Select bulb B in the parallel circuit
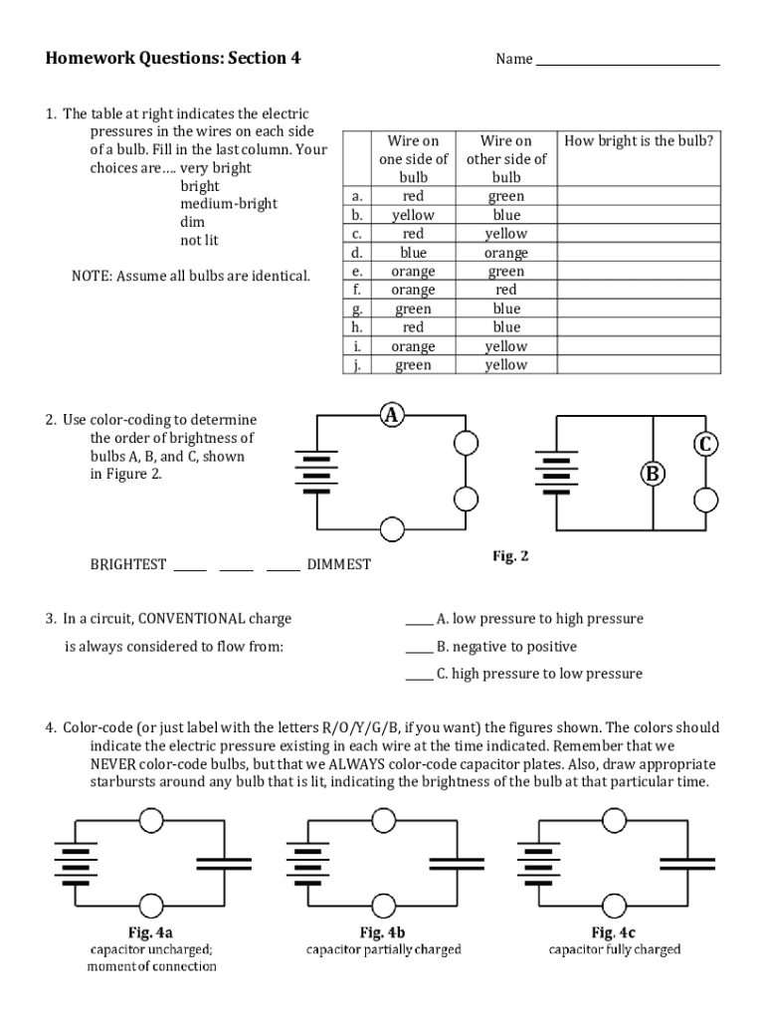point(653,474)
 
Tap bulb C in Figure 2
point(705,445)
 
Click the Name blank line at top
point(627,60)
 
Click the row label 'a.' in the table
point(356,196)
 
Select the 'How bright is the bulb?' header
point(639,141)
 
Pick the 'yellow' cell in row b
point(413,215)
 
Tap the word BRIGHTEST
point(128,564)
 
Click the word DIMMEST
point(338,564)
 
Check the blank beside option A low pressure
point(419,620)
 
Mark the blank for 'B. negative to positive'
point(419,647)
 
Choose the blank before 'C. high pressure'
point(419,675)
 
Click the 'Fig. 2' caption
point(510,556)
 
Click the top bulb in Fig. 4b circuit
point(382,820)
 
